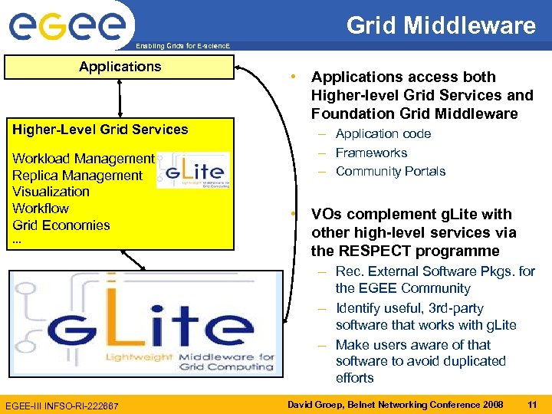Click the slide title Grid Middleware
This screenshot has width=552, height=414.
[441, 25]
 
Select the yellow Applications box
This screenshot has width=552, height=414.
[120, 67]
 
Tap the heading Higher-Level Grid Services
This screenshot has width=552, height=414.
[100, 130]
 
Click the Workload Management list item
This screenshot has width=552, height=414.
[83, 159]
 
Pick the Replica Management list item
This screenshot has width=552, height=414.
[77, 176]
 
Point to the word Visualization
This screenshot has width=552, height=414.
[51, 192]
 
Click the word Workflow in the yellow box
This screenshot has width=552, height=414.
[41, 209]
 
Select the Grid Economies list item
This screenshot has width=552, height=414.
[61, 225]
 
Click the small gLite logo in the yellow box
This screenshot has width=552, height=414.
[192, 169]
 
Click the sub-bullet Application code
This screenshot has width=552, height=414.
[383, 134]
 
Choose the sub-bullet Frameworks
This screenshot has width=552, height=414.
[371, 153]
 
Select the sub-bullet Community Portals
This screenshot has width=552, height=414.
[390, 171]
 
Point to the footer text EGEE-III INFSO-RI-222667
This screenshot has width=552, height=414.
[62, 404]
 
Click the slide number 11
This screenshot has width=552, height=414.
[531, 403]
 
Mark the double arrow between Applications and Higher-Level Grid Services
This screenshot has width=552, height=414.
[120, 97]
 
